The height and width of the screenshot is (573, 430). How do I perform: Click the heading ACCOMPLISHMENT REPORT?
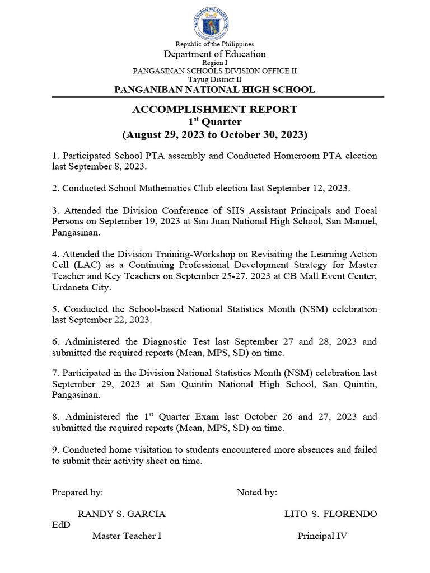point(214,110)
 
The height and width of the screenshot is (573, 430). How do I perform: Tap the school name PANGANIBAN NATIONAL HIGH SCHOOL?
point(214,90)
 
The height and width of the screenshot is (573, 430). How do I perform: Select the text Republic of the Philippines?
point(214,44)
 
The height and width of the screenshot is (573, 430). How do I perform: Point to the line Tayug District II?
point(214,80)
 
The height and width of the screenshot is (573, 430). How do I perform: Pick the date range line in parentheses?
point(214,135)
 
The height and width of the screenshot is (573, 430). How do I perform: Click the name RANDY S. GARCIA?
point(121,514)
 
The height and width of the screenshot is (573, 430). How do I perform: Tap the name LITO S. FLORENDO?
point(330,514)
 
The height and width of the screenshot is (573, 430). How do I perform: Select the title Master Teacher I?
point(127,536)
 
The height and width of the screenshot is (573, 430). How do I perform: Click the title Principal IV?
point(322,536)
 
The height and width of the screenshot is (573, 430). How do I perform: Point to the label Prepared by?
point(77,492)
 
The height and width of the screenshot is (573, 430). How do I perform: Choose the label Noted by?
point(257,492)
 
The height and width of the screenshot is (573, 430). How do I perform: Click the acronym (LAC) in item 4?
point(83,265)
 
